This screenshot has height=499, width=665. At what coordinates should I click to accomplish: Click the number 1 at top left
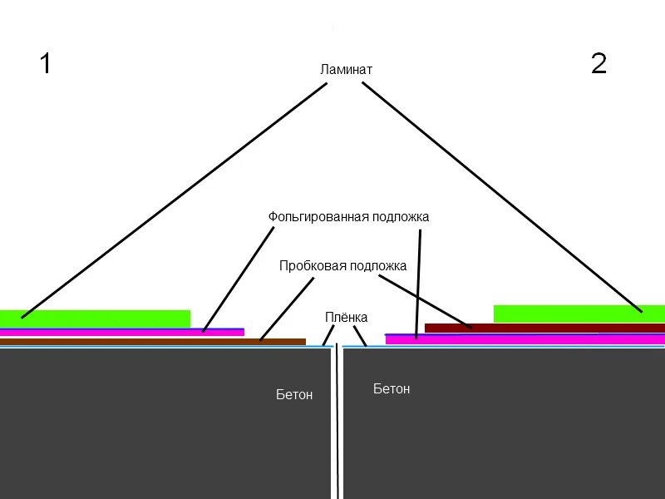[46, 63]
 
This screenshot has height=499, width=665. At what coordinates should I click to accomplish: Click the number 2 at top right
[598, 63]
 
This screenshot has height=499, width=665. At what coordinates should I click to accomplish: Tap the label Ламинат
[346, 70]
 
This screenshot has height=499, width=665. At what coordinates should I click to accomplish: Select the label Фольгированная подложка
[348, 217]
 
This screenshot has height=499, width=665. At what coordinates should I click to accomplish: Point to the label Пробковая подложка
[342, 266]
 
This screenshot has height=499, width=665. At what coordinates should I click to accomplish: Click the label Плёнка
[346, 318]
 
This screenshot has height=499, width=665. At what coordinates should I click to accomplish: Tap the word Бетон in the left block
[294, 394]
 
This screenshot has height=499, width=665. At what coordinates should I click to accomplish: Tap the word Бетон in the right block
[392, 388]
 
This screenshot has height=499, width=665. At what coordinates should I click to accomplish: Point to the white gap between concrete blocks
[337, 424]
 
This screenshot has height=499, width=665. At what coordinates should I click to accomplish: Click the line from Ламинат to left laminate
[174, 200]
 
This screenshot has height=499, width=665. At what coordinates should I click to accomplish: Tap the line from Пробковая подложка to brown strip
[287, 309]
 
